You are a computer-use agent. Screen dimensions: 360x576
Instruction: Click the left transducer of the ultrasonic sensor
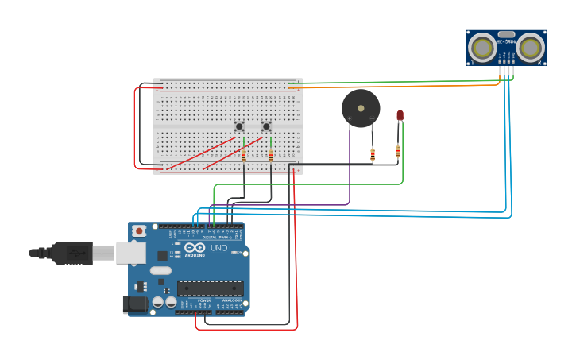(481, 47)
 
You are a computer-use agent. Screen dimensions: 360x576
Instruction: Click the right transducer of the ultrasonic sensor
(531, 47)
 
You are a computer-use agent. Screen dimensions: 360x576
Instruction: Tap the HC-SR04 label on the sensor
(506, 41)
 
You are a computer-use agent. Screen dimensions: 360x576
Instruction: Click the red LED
(400, 115)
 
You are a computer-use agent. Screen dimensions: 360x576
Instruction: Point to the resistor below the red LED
(398, 150)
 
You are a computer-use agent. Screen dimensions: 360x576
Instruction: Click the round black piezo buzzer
(361, 107)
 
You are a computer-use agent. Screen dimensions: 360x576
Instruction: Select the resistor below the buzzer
(373, 155)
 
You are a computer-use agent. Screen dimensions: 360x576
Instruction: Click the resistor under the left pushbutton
(244, 156)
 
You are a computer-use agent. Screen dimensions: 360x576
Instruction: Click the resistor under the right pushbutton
(271, 156)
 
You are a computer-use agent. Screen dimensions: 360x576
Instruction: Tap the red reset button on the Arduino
(140, 231)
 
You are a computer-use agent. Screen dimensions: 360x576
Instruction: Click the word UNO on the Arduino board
(218, 248)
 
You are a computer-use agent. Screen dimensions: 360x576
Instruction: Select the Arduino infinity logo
(194, 248)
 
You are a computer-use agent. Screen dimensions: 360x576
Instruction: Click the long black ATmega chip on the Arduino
(210, 288)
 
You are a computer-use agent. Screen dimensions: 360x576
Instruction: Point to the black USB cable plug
(72, 253)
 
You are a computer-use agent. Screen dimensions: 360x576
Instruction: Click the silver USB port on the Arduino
(130, 253)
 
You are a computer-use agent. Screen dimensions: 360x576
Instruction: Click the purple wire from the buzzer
(350, 167)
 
